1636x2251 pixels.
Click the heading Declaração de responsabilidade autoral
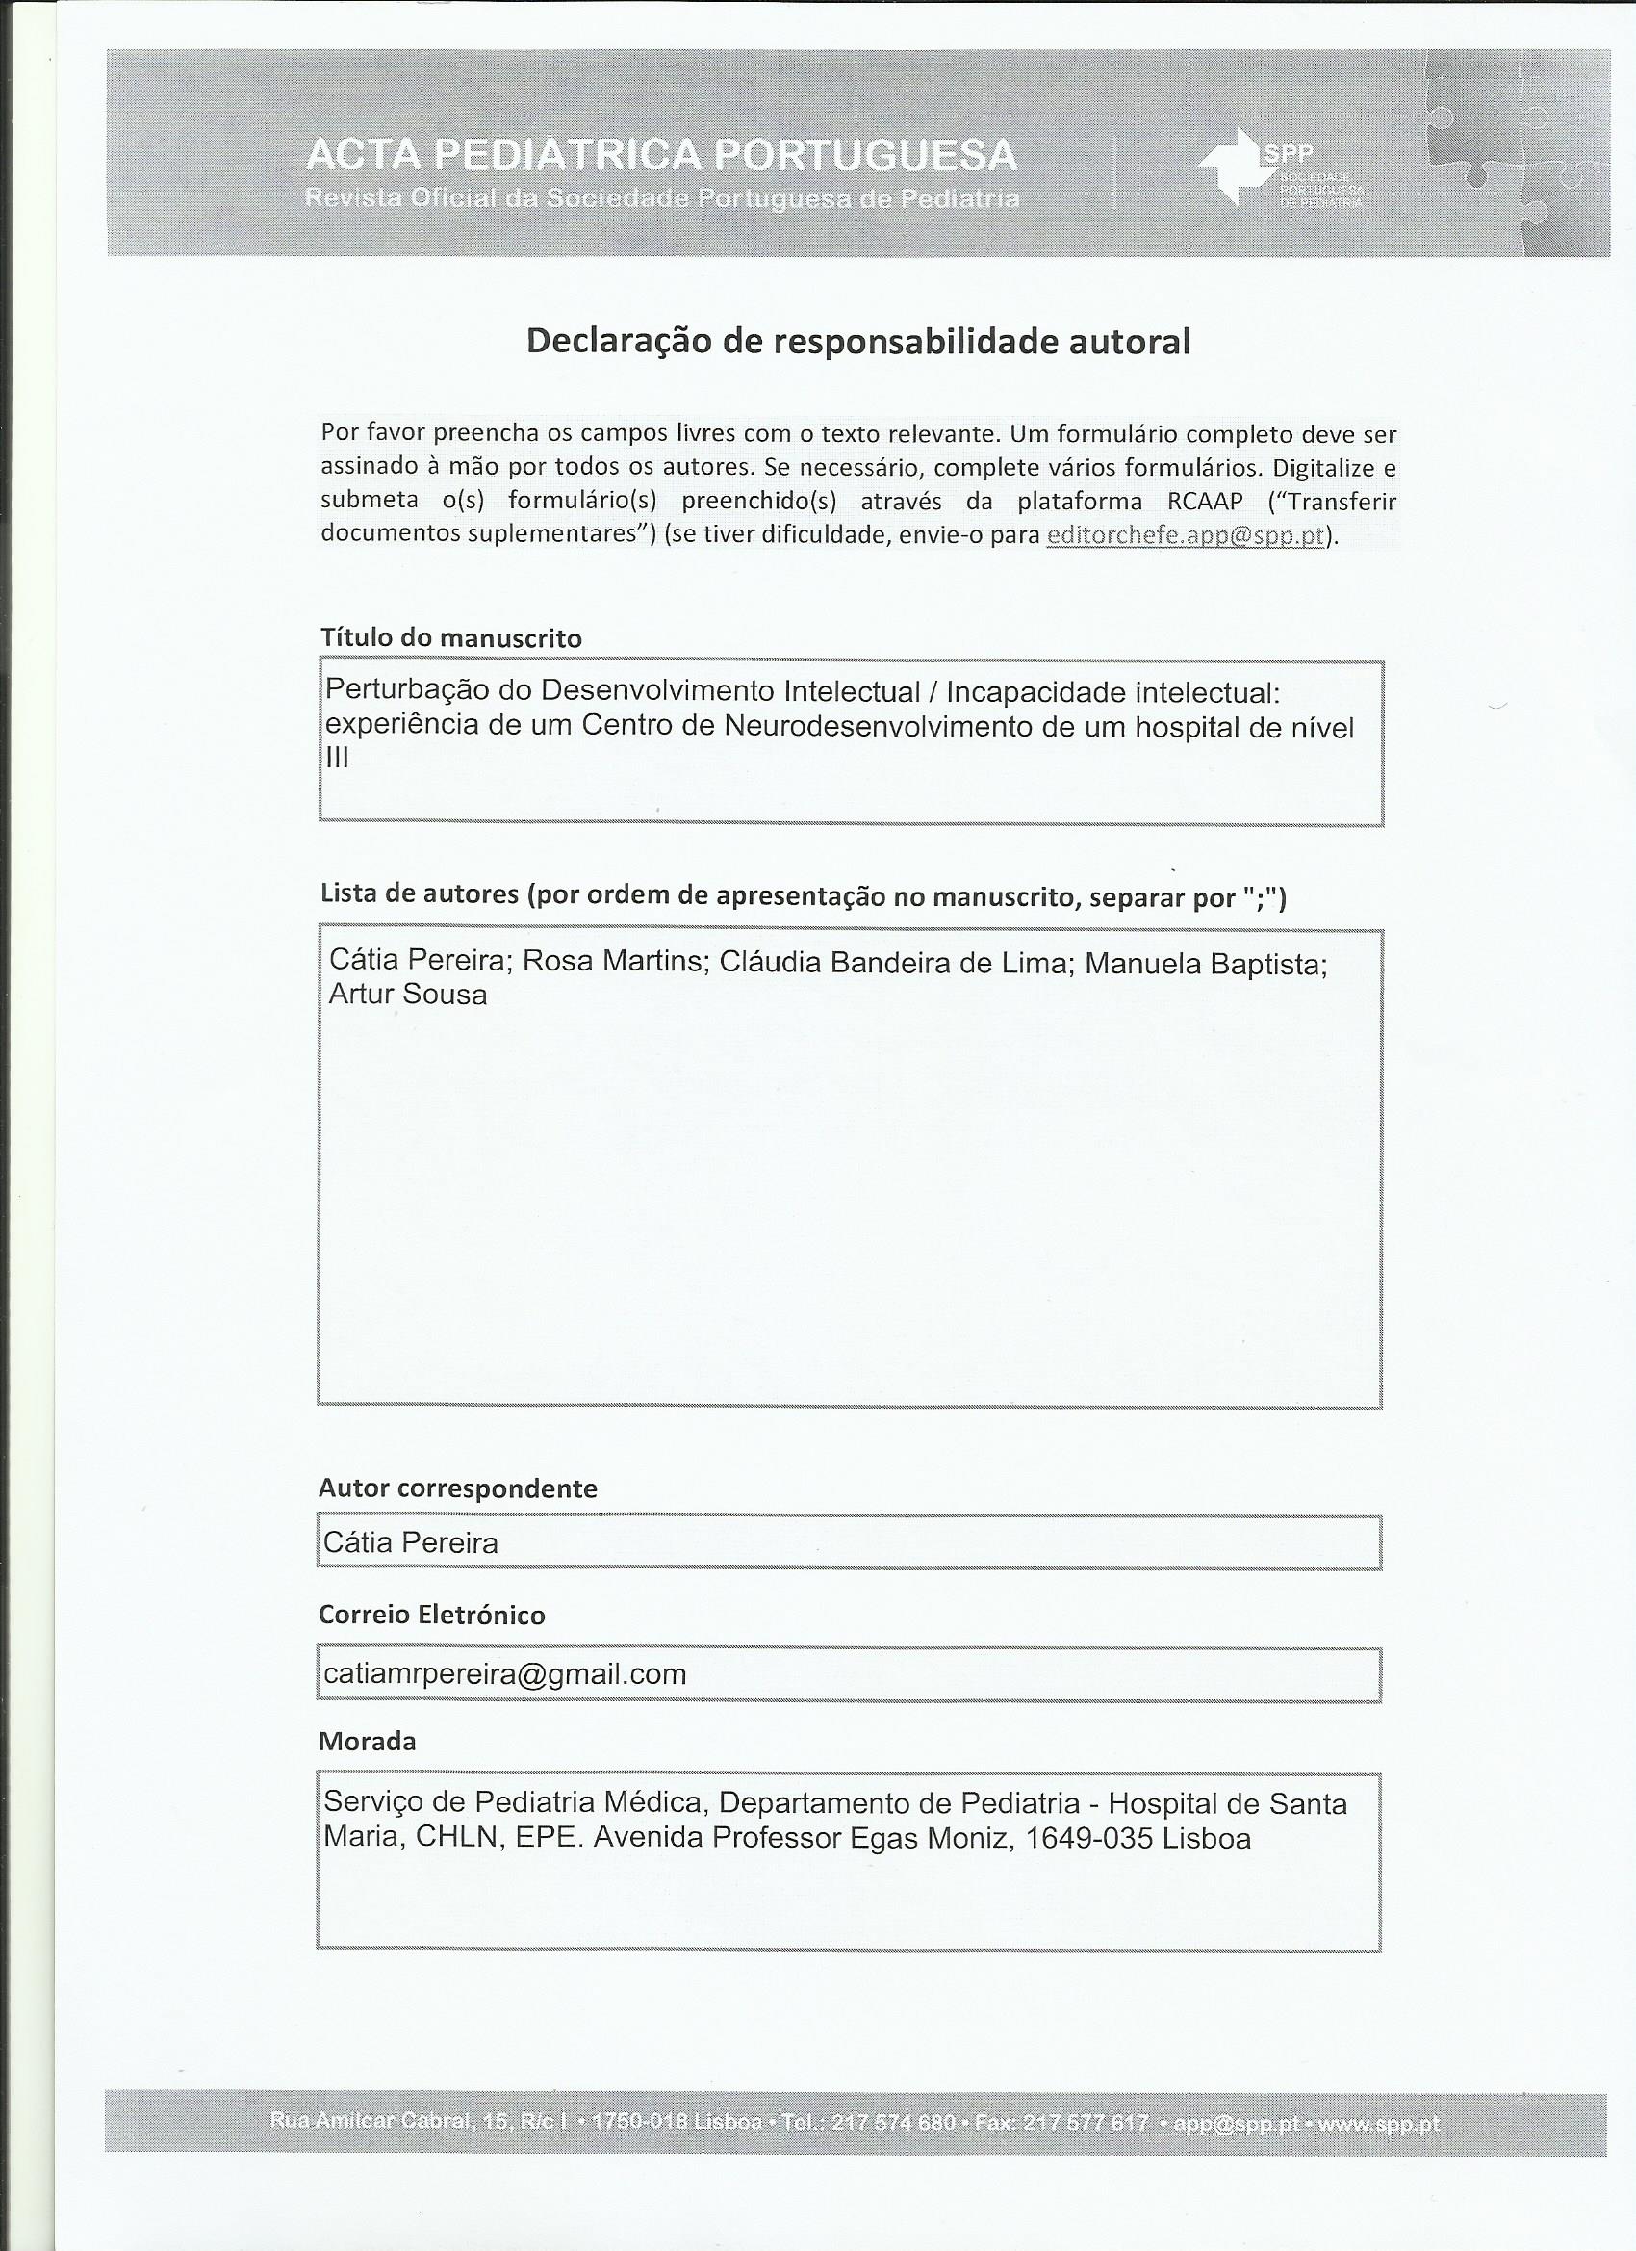[x=857, y=342]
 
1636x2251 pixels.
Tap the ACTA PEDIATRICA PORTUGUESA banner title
[x=661, y=156]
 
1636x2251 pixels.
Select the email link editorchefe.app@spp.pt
[x=1186, y=535]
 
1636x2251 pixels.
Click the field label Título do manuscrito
[x=450, y=638]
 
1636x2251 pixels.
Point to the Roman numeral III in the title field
[x=338, y=758]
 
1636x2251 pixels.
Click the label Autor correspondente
[x=457, y=1488]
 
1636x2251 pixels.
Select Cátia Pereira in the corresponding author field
[x=411, y=1543]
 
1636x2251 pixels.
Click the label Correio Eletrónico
[x=431, y=1615]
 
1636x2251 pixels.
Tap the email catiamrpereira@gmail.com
[x=505, y=1674]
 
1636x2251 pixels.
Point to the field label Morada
[x=366, y=1742]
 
